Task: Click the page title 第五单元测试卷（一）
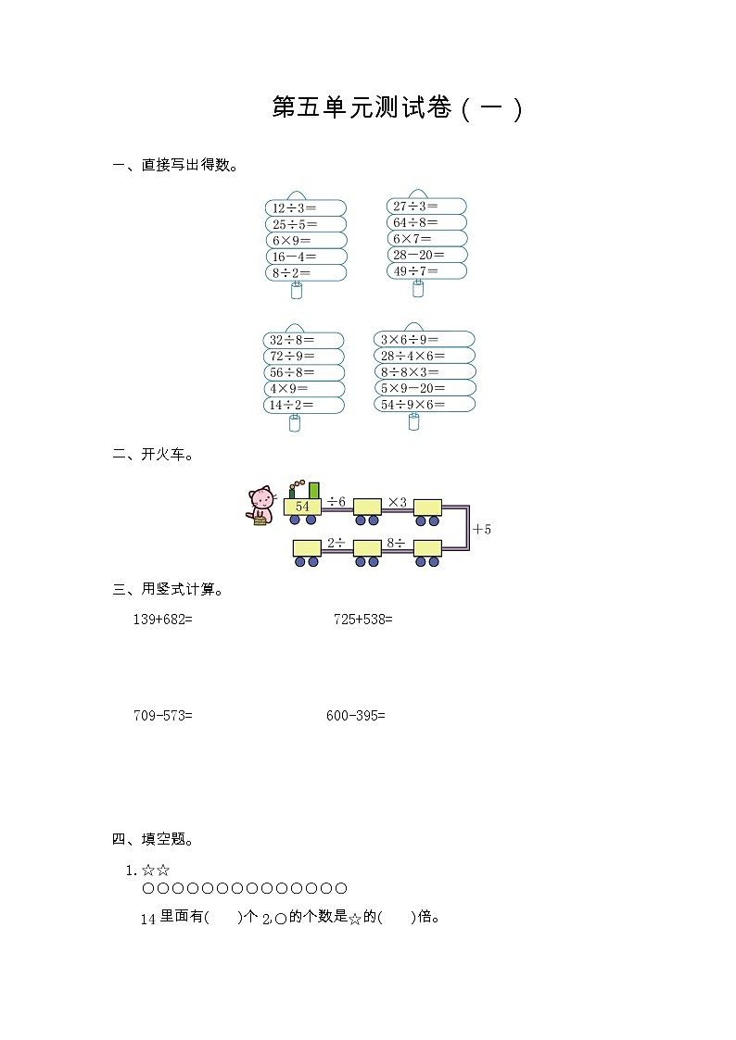[399, 107]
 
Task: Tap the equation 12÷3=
[294, 208]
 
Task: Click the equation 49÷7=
[415, 271]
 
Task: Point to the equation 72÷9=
[292, 356]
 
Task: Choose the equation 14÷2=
[292, 405]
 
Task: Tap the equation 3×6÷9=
[410, 340]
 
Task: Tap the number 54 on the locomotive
[302, 507]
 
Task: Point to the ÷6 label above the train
[336, 502]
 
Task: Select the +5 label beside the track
[481, 530]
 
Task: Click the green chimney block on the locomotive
[314, 490]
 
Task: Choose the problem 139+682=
[162, 619]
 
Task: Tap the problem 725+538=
[363, 619]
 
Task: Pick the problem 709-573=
[163, 715]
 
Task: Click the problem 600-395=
[356, 715]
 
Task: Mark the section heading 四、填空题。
[153, 840]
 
